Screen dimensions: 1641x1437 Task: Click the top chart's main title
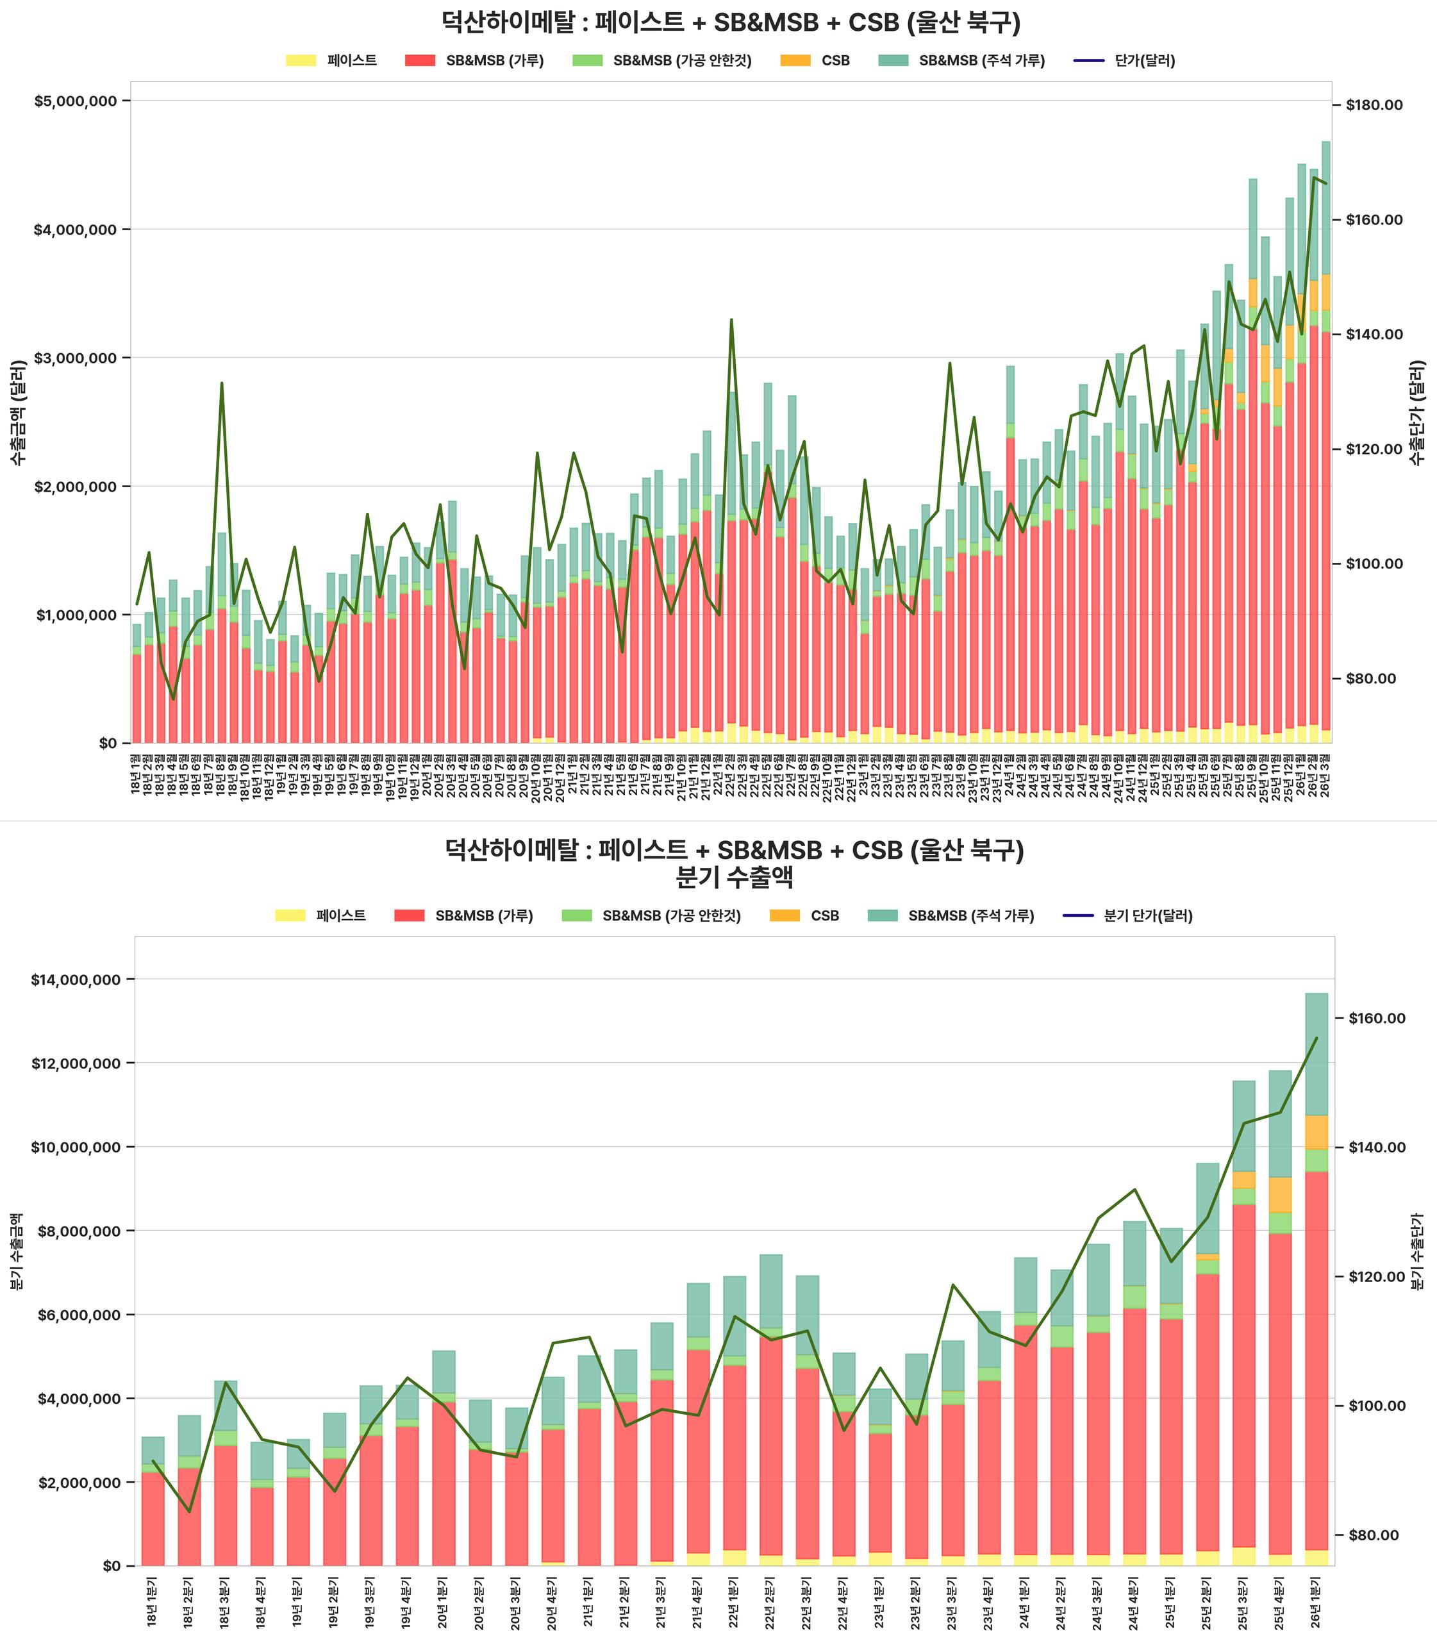click(731, 22)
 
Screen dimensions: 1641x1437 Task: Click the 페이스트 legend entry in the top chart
click(351, 61)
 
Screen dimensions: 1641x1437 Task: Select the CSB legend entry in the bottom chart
click(824, 916)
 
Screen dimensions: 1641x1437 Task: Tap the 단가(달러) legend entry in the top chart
click(1144, 61)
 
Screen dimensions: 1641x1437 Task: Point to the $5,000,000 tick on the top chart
click(76, 101)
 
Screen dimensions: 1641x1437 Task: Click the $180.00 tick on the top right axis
click(1374, 105)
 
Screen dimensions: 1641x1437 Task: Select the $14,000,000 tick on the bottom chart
click(77, 979)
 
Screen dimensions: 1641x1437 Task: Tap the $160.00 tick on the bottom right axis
click(1375, 1019)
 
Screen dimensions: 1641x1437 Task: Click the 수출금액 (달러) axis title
click(19, 412)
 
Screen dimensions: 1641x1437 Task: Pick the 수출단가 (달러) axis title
click(1418, 412)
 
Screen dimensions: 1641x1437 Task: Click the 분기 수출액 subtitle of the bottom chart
click(735, 878)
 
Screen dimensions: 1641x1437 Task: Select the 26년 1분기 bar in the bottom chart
click(1316, 1283)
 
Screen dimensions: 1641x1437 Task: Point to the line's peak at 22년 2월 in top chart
click(731, 320)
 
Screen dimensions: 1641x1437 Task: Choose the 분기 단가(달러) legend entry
click(1147, 916)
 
